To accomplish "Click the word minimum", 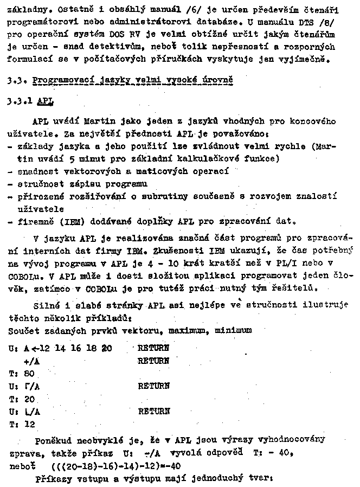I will click(234, 329).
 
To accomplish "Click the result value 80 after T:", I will click(29, 373).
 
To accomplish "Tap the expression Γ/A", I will click(33, 386).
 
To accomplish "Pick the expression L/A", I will click(33, 412).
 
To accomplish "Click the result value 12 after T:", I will click(29, 425).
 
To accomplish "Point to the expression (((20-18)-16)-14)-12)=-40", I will click(116, 466).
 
